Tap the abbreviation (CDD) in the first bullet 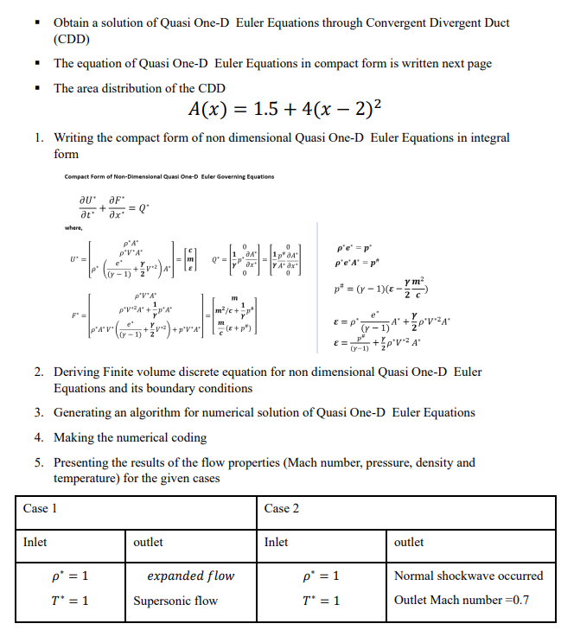(x=72, y=39)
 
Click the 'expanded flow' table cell (x=190, y=576)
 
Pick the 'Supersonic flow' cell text (x=175, y=601)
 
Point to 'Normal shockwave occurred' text (x=469, y=576)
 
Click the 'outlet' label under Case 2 (x=409, y=542)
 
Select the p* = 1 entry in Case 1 (x=70, y=576)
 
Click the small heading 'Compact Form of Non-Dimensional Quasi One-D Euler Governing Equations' (x=169, y=177)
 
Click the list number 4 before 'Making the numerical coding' (x=39, y=437)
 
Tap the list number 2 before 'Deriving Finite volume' (x=39, y=372)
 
